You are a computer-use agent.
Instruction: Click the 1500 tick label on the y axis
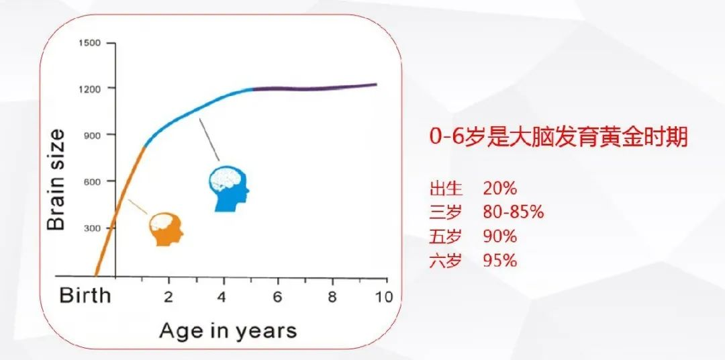pos(89,43)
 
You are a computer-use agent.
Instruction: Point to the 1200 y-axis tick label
pos(89,88)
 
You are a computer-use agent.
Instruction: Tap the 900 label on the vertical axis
pos(93,134)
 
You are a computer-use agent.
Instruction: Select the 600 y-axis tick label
pos(93,181)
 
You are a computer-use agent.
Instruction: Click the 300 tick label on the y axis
pos(93,228)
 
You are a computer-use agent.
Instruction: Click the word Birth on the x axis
pos(85,296)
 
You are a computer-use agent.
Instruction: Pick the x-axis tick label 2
pos(168,297)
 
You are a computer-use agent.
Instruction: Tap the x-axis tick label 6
pos(277,297)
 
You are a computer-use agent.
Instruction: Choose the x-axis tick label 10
pos(383,297)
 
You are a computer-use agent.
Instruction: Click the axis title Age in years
pos(228,331)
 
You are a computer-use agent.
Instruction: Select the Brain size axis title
pos(56,180)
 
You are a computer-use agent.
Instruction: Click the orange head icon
pos(166,229)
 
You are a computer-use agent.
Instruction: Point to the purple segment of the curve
pos(314,88)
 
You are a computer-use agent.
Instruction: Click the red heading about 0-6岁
pos(559,138)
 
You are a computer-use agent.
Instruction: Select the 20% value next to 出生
pos(500,189)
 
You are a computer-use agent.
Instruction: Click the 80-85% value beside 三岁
pos(514,213)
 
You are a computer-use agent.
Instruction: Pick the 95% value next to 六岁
pos(500,261)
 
